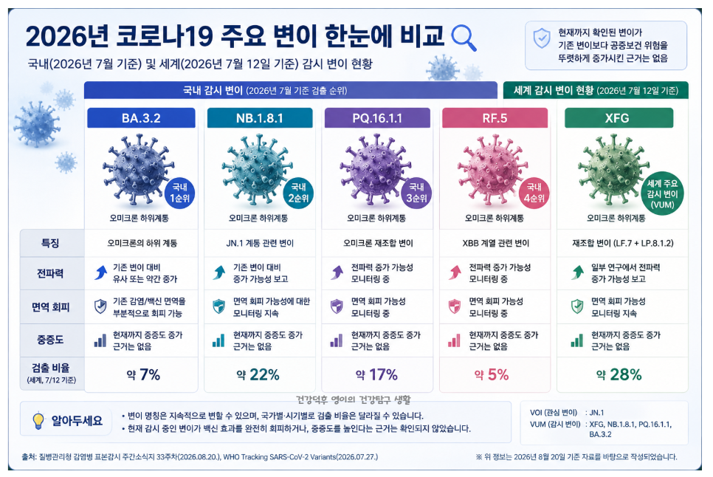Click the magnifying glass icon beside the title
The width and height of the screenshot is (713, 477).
(x=464, y=38)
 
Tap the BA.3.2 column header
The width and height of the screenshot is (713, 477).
(x=141, y=118)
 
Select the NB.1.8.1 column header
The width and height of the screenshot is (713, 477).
(x=260, y=118)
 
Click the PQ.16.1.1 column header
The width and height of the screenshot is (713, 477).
(x=377, y=118)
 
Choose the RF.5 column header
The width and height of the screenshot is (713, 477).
(x=495, y=118)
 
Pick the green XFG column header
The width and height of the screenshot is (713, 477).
(x=619, y=118)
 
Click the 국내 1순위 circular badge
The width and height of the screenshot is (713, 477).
(x=179, y=193)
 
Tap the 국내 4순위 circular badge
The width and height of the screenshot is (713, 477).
(x=534, y=193)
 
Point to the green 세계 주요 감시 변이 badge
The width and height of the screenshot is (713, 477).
(x=662, y=193)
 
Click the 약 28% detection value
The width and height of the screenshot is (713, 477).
(x=619, y=374)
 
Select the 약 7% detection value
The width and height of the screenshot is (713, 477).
(x=143, y=374)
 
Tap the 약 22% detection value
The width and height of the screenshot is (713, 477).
(x=258, y=374)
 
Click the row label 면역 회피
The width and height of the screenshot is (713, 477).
(x=50, y=307)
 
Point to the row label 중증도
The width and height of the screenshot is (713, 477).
(x=50, y=340)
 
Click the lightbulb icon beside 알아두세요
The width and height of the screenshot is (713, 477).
(x=38, y=421)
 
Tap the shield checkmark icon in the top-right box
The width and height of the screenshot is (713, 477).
(x=542, y=38)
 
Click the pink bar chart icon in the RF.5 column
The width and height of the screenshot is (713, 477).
(x=454, y=340)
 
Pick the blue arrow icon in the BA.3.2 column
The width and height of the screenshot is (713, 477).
(x=101, y=272)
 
